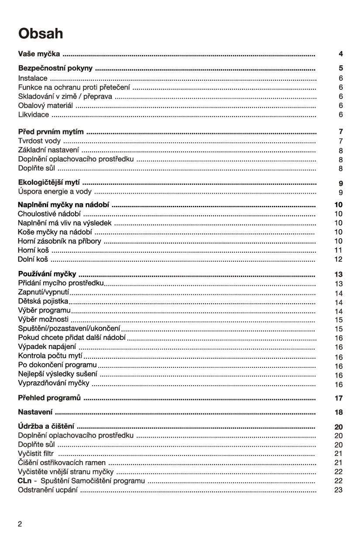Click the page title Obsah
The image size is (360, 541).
tap(41, 34)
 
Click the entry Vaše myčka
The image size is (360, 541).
tap(39, 54)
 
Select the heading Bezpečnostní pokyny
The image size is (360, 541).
tap(55, 68)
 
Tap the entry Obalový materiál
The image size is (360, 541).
tap(45, 106)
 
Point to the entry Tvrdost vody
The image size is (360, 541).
tap(39, 141)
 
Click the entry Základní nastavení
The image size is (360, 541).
tap(48, 150)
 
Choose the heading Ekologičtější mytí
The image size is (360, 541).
tap(49, 183)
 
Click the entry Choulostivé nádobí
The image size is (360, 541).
tap(49, 214)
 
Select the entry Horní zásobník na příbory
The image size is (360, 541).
tap(59, 241)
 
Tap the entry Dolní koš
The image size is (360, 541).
tap(33, 259)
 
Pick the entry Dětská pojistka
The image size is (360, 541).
tap(43, 301)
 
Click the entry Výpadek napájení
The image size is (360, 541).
tap(47, 347)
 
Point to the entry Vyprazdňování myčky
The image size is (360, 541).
tap(54, 383)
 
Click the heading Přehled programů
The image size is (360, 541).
tap(49, 398)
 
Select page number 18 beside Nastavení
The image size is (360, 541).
tap(339, 412)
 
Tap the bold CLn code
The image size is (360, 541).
tap(25, 481)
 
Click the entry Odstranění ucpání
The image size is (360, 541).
tap(48, 490)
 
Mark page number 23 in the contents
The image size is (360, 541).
tap(339, 490)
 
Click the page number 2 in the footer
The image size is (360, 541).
tap(20, 524)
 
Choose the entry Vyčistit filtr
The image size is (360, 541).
tap(36, 454)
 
